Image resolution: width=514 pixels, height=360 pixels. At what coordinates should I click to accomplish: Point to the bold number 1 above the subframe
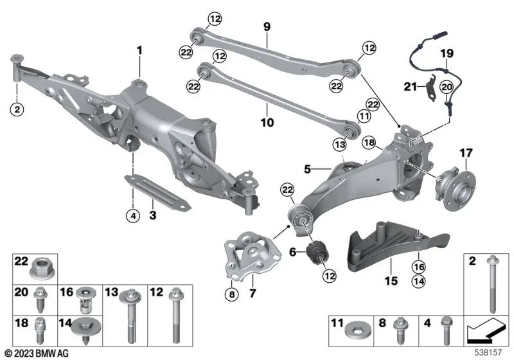tap(139, 49)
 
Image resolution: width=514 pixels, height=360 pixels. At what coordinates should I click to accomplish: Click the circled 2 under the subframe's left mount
tap(17, 110)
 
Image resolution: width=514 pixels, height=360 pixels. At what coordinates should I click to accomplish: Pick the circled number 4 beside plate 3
tap(132, 215)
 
